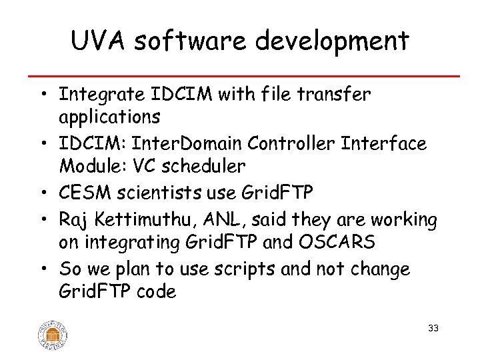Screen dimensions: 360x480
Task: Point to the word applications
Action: tap(109, 117)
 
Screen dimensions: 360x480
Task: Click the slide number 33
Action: tap(433, 328)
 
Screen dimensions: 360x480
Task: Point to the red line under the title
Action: tap(240, 76)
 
